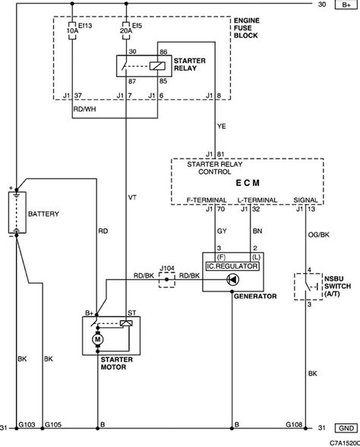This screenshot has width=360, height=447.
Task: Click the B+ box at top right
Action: point(346,5)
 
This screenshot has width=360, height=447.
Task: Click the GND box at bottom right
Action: point(346,428)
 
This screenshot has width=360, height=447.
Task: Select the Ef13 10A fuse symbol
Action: point(72,30)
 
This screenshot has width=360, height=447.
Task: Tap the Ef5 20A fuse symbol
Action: point(126,30)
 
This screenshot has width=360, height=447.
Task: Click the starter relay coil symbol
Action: point(157,66)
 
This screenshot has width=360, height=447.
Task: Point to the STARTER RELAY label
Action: point(189,65)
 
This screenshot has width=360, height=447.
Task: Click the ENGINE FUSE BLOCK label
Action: point(247,28)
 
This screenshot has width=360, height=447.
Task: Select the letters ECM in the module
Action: point(248,183)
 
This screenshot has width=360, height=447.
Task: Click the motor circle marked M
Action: point(97,339)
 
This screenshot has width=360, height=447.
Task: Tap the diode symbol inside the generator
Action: point(233,280)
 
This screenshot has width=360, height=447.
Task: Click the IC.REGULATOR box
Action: point(232,266)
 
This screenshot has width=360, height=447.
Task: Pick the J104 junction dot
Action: point(167,280)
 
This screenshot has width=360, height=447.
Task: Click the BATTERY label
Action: point(43,214)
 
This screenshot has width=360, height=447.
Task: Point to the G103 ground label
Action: point(27,424)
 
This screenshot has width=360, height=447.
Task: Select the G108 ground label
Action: point(294,424)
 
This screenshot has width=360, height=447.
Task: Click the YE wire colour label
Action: point(221,126)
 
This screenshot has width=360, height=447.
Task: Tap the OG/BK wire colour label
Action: point(319,235)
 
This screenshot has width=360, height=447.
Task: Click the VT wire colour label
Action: point(132,197)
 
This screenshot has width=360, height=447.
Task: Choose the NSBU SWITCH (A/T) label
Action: point(337,286)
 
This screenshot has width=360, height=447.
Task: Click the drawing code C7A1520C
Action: point(345,442)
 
